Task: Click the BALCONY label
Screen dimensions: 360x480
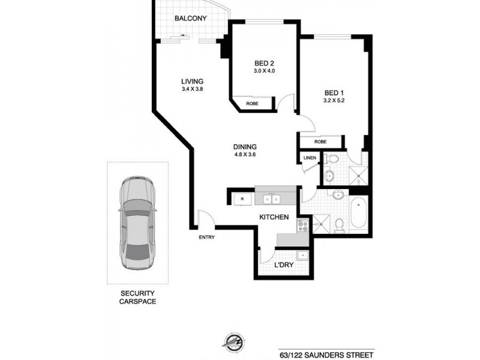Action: coord(190,19)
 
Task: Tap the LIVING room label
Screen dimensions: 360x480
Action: coord(193,82)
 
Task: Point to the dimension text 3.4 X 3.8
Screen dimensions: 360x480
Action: coord(193,90)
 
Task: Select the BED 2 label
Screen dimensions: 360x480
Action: coord(264,64)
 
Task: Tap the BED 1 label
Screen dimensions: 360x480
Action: coord(334,92)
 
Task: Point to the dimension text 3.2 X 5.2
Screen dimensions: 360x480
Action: coord(334,101)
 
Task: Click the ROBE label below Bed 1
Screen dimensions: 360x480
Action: coord(320,142)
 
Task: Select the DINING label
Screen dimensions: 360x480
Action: coord(245,147)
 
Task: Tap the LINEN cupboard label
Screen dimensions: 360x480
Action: coord(310,158)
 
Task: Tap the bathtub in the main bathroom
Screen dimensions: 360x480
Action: coord(358,213)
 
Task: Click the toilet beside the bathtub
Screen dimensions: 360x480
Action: coord(340,224)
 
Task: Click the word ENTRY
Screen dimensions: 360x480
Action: coord(206,237)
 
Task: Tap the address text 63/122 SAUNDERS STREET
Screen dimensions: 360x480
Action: coord(326,353)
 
